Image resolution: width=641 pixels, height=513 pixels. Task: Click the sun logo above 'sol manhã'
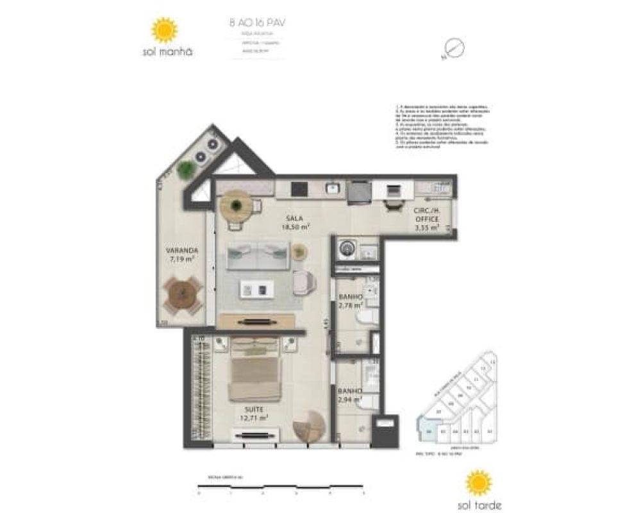(164, 30)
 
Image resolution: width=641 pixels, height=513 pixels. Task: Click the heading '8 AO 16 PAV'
(257, 22)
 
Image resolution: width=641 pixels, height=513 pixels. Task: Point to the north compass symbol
(453, 48)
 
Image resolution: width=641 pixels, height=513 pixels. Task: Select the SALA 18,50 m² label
(296, 223)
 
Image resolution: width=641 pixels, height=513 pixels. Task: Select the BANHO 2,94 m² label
(351, 396)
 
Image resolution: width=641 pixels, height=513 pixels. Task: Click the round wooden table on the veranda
(182, 294)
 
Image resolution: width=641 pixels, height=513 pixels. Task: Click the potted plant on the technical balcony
(186, 169)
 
